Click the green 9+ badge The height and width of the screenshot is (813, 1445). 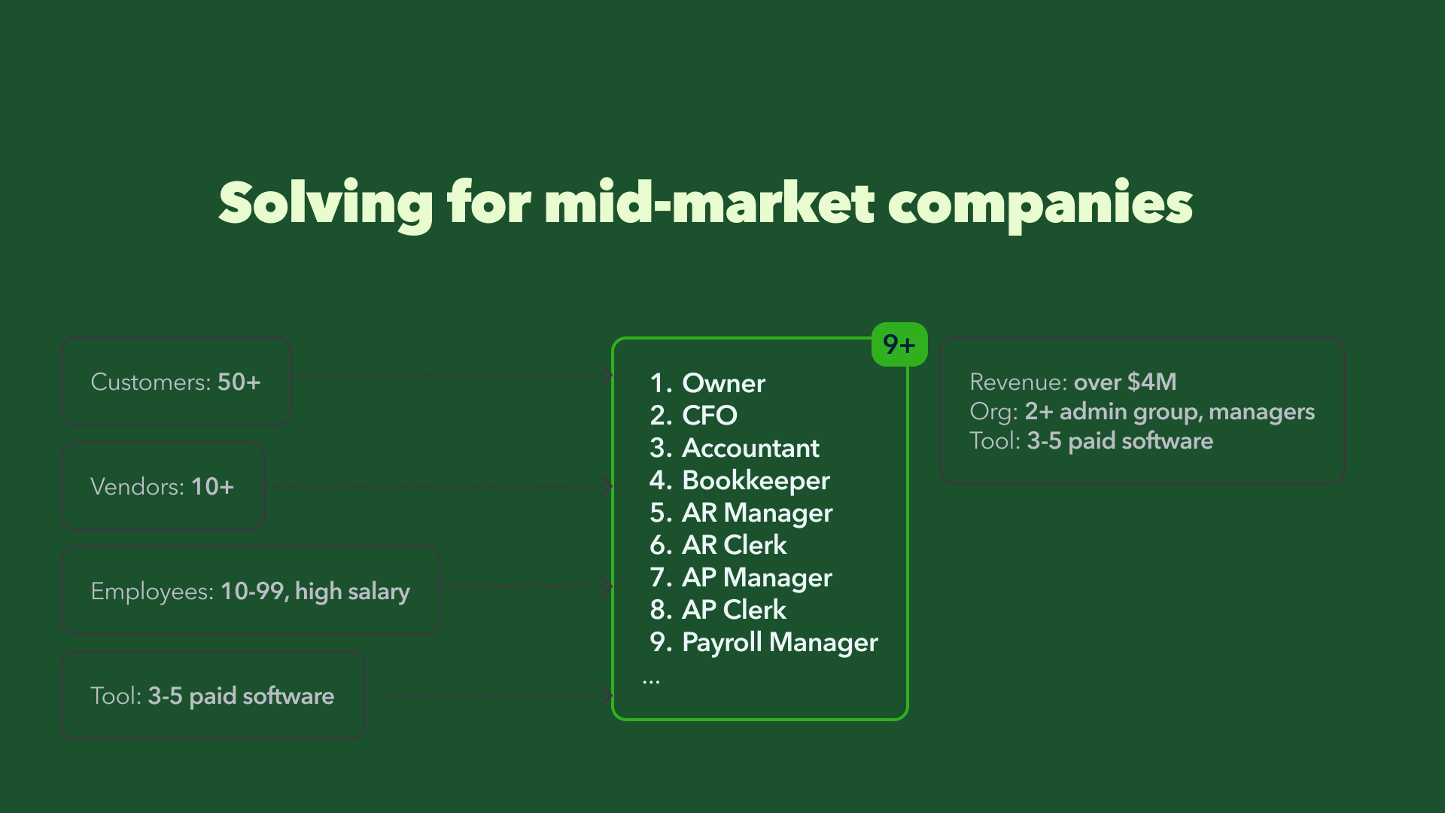tap(899, 345)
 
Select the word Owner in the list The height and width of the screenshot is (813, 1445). tap(723, 383)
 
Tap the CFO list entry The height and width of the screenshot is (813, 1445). tap(710, 416)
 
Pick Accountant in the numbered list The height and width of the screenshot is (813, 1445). tap(750, 448)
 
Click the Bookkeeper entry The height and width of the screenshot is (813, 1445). tap(756, 480)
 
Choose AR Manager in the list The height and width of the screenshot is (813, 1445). tap(757, 513)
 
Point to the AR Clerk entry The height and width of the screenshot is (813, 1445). tap(735, 545)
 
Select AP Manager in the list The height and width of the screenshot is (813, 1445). tap(757, 577)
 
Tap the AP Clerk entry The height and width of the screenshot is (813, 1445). tap(734, 610)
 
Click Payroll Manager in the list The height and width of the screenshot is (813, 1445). tap(780, 642)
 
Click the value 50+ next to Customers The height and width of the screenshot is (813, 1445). tap(239, 382)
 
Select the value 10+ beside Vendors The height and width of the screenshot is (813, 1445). tap(213, 486)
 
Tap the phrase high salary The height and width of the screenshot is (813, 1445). tap(352, 592)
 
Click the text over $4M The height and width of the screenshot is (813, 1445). tap(1125, 382)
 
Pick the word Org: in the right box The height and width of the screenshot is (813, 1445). tap(993, 412)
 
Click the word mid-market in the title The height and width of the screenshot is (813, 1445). tap(710, 202)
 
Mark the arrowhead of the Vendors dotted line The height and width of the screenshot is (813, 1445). tap(607, 486)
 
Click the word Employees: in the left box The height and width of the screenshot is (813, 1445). tap(152, 592)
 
